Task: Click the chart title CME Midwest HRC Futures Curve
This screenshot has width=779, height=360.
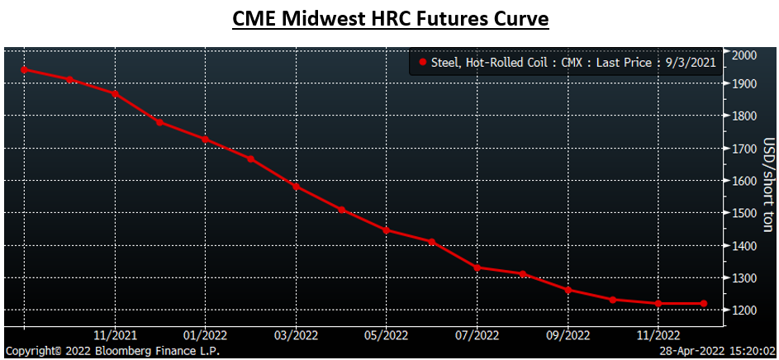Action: (389, 19)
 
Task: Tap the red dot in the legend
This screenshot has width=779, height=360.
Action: (423, 61)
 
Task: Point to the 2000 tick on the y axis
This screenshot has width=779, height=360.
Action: (746, 54)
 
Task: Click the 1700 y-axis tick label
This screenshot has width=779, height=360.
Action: (746, 149)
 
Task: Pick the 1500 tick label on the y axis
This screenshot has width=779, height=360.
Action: (746, 213)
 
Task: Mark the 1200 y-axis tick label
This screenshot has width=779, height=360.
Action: (746, 310)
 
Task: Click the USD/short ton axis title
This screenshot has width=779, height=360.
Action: (767, 184)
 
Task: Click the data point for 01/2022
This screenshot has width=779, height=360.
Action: (206, 140)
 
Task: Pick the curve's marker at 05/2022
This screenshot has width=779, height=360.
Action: (387, 230)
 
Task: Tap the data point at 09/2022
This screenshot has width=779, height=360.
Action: (568, 290)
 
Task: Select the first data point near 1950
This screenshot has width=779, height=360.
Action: (24, 69)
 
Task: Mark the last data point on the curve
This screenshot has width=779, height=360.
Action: (704, 304)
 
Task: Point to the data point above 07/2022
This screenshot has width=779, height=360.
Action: (477, 268)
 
